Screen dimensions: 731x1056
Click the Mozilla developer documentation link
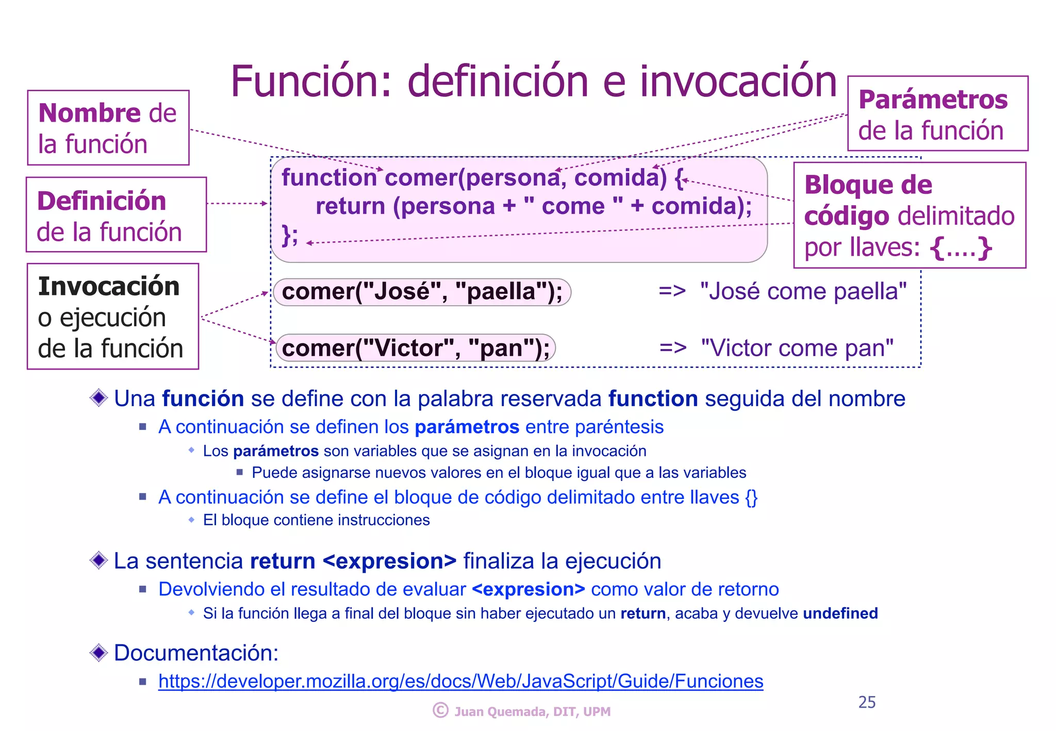(x=460, y=681)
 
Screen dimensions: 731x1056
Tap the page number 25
(x=867, y=702)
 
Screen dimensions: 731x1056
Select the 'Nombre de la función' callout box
(x=108, y=128)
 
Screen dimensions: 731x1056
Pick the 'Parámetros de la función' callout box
(x=937, y=114)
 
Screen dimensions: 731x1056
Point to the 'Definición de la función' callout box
(x=116, y=215)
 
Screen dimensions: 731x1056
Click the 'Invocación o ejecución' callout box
(x=113, y=317)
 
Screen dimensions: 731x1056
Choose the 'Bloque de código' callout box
(x=909, y=215)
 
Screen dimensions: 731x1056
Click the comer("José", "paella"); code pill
(x=422, y=292)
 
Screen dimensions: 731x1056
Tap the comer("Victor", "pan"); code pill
(x=416, y=348)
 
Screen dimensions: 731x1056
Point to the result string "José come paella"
(x=803, y=292)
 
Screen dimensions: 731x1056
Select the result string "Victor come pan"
(x=797, y=348)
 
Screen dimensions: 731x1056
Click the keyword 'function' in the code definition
(x=329, y=178)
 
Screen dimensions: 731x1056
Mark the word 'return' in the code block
(x=350, y=206)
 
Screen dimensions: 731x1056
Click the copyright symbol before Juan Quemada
(x=440, y=710)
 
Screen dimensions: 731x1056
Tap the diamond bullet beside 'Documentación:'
(x=98, y=653)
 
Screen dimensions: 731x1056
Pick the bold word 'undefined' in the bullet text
(x=840, y=613)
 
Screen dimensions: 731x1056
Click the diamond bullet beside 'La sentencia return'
(x=98, y=560)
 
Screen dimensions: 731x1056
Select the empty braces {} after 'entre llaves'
(x=751, y=497)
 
